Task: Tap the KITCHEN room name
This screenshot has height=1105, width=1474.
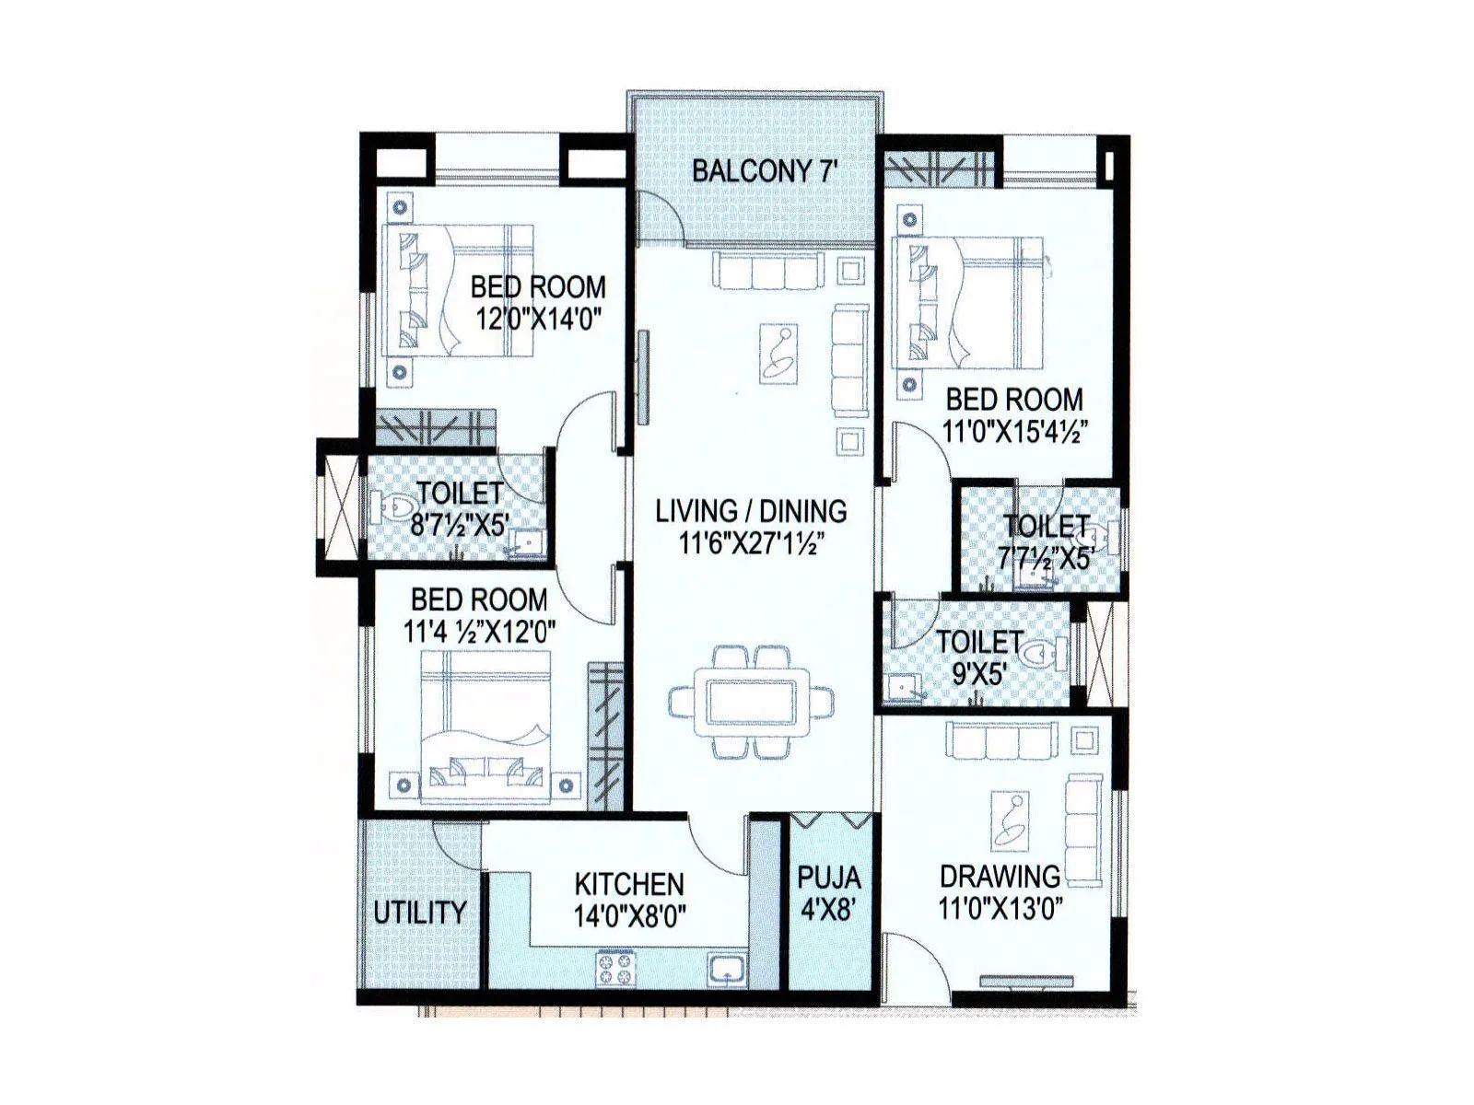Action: point(629,884)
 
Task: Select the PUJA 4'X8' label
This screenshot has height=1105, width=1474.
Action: point(829,892)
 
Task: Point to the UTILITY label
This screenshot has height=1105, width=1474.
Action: point(420,913)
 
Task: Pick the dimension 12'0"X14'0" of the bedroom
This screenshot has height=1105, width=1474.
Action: point(538,320)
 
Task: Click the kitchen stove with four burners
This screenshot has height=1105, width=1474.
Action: point(617,967)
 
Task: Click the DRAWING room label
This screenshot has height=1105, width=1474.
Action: point(1000,875)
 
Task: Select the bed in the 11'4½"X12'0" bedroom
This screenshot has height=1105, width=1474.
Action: point(485,727)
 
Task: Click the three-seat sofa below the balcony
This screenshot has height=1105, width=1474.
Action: point(768,273)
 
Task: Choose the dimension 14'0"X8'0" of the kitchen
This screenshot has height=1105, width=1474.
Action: point(629,917)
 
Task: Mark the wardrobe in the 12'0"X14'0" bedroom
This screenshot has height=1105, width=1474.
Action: point(435,428)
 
